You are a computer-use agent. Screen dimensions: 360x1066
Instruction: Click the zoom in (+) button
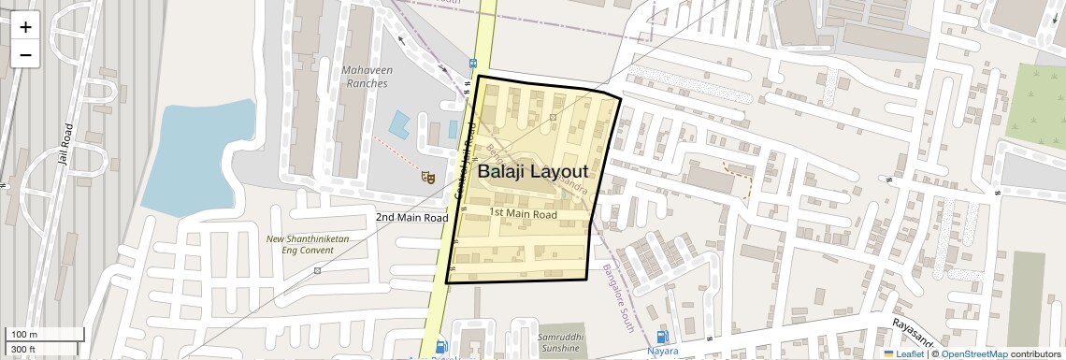(25, 26)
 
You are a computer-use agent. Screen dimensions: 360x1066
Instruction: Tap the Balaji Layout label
(532, 172)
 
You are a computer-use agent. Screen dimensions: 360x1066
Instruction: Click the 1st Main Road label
(524, 214)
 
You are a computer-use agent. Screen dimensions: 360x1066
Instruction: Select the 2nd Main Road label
(412, 218)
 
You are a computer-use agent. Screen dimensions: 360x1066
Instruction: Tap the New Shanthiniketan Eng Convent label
(308, 245)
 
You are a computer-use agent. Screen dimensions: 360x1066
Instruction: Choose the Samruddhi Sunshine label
(560, 341)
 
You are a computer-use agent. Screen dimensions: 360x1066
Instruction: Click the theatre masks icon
(428, 175)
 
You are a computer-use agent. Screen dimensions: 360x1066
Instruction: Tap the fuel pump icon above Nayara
(663, 337)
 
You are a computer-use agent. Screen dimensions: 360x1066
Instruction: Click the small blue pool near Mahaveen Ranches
(400, 125)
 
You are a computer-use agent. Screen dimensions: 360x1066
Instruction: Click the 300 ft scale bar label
(23, 350)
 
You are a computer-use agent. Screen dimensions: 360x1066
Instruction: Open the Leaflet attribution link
(903, 353)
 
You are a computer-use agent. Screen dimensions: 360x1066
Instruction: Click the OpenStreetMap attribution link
(973, 353)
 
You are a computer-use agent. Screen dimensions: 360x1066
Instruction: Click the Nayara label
(663, 353)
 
